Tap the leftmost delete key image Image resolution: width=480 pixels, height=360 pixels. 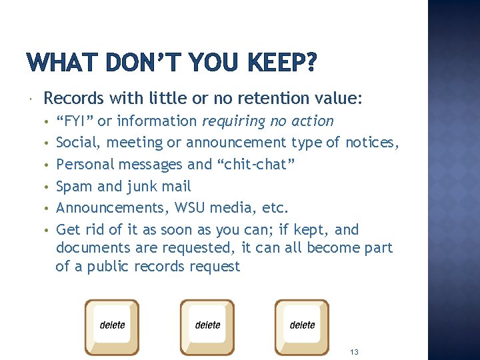pyautogui.click(x=113, y=327)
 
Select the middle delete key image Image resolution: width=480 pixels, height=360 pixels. pyautogui.click(x=207, y=327)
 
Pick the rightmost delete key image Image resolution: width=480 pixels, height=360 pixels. pyautogui.click(x=302, y=327)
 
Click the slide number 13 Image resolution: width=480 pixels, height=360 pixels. pyautogui.click(x=354, y=351)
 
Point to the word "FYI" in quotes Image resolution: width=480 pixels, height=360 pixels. pyautogui.click(x=75, y=121)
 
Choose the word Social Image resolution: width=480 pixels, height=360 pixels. pyautogui.click(x=79, y=143)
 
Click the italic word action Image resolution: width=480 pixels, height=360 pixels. pyautogui.click(x=313, y=121)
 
